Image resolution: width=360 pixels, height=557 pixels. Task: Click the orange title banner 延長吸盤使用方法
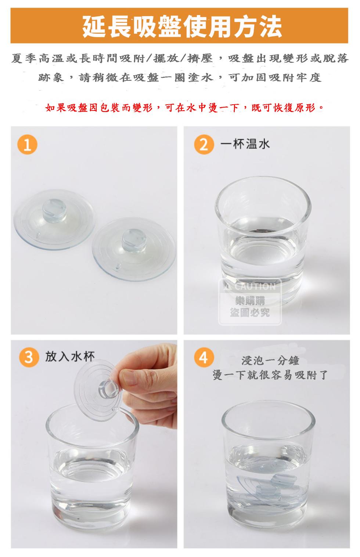[x=180, y=26]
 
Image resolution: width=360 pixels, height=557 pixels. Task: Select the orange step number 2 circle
[x=204, y=144]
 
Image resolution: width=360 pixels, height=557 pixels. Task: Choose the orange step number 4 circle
[x=204, y=357]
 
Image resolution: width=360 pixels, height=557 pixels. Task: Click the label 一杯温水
[x=245, y=144]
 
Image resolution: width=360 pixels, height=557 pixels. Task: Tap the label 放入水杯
[x=70, y=357]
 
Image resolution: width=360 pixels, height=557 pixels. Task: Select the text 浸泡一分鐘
[x=270, y=360]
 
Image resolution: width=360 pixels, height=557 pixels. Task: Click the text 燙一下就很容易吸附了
[x=270, y=375]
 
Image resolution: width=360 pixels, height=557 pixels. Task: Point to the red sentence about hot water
[x=184, y=108]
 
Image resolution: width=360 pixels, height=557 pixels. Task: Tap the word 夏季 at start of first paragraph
[x=25, y=58]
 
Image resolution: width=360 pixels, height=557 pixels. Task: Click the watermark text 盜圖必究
[x=250, y=312]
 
